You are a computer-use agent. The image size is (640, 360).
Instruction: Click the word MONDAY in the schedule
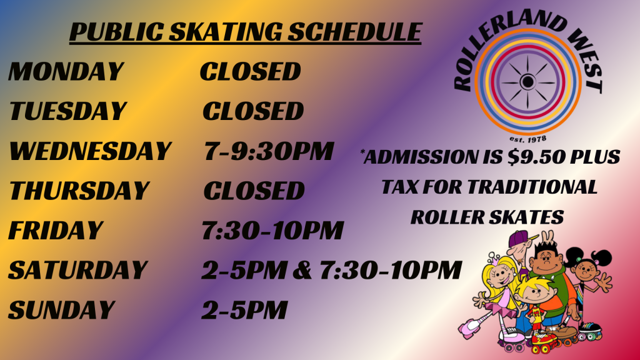point(66,71)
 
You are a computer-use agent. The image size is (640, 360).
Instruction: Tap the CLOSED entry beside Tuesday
point(253,111)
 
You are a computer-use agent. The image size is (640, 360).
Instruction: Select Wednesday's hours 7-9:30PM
point(269,151)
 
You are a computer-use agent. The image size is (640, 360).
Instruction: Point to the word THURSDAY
point(79,191)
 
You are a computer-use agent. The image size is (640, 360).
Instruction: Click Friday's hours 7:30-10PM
point(272,231)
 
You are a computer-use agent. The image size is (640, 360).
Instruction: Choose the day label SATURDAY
point(77,270)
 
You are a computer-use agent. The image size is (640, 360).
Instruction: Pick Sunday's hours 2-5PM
point(244,310)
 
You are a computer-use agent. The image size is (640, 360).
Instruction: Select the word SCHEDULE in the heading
point(355,32)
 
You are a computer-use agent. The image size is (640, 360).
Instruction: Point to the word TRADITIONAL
point(532,187)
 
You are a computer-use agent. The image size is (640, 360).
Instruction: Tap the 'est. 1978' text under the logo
point(527,139)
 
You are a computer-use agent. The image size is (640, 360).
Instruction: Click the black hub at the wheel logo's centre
point(527,82)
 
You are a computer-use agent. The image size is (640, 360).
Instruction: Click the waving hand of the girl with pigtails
point(604,282)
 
